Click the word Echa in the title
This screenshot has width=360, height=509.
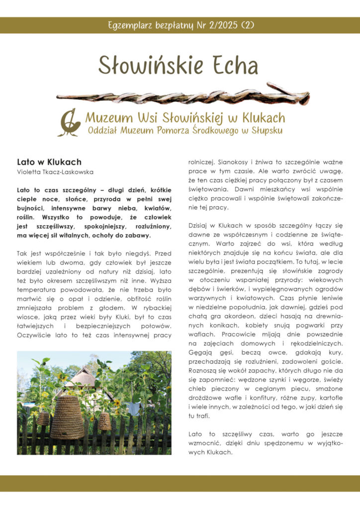(x=233, y=66)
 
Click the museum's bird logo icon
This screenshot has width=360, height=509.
(x=70, y=123)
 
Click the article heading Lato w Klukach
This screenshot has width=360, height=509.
(x=49, y=162)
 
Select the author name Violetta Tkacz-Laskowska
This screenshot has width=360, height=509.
(x=55, y=172)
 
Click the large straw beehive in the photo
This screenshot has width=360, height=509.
(x=68, y=417)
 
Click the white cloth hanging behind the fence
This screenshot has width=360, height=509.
(x=133, y=408)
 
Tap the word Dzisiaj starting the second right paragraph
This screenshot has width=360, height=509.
(x=199, y=226)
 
